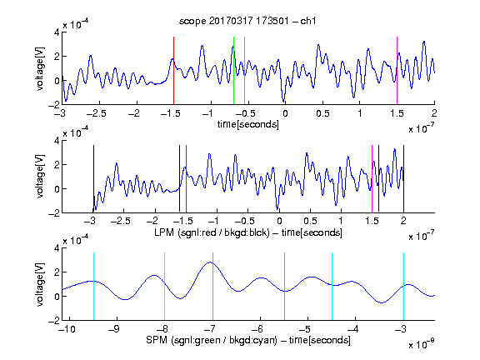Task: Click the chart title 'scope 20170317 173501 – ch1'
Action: tap(247, 21)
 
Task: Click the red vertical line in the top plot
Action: tap(173, 71)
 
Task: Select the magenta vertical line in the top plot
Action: tap(397, 71)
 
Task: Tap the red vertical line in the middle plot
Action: tap(186, 179)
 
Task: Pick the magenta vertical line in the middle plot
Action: tap(372, 179)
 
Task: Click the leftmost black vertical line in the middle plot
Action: tap(93, 179)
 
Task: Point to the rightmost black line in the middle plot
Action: tap(403, 179)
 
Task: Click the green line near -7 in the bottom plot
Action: tap(212, 287)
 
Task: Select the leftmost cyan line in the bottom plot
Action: tap(93, 287)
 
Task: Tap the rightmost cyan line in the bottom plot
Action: tap(403, 287)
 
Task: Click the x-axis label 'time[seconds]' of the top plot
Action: tap(248, 124)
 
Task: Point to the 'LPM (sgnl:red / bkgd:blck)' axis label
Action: tap(212, 232)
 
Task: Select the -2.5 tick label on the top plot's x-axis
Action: tap(96, 113)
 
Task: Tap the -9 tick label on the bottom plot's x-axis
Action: tap(114, 329)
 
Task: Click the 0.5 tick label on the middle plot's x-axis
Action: tap(310, 221)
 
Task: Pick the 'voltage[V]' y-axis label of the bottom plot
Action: tap(40, 284)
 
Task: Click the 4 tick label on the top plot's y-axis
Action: tap(57, 32)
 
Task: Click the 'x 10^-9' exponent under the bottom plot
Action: tap(422, 343)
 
